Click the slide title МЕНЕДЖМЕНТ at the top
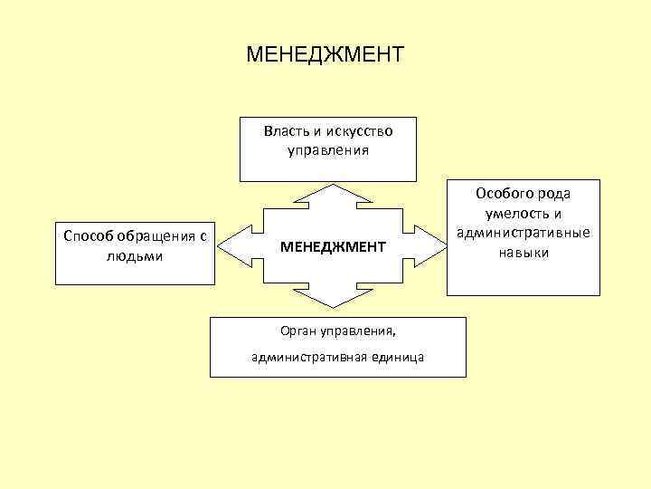[325, 55]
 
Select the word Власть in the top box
[284, 130]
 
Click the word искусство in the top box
[355, 130]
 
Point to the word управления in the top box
[328, 149]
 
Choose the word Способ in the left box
[88, 236]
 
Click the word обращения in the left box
[157, 236]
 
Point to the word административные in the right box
[524, 233]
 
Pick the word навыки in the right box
[523, 252]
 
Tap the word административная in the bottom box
[309, 357]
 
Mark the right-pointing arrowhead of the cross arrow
[427, 245]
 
